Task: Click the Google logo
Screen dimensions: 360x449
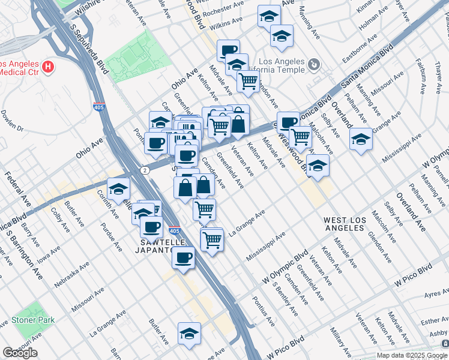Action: click(20, 353)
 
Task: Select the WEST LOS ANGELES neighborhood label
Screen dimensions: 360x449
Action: click(344, 224)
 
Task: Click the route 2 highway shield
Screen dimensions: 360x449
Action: click(146, 170)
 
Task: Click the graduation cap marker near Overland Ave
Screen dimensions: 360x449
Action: click(360, 139)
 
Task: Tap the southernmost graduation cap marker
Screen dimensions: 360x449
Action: click(189, 334)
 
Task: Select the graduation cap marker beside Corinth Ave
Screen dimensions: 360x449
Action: click(119, 189)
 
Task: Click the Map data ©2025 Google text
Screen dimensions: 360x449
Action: click(411, 355)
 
